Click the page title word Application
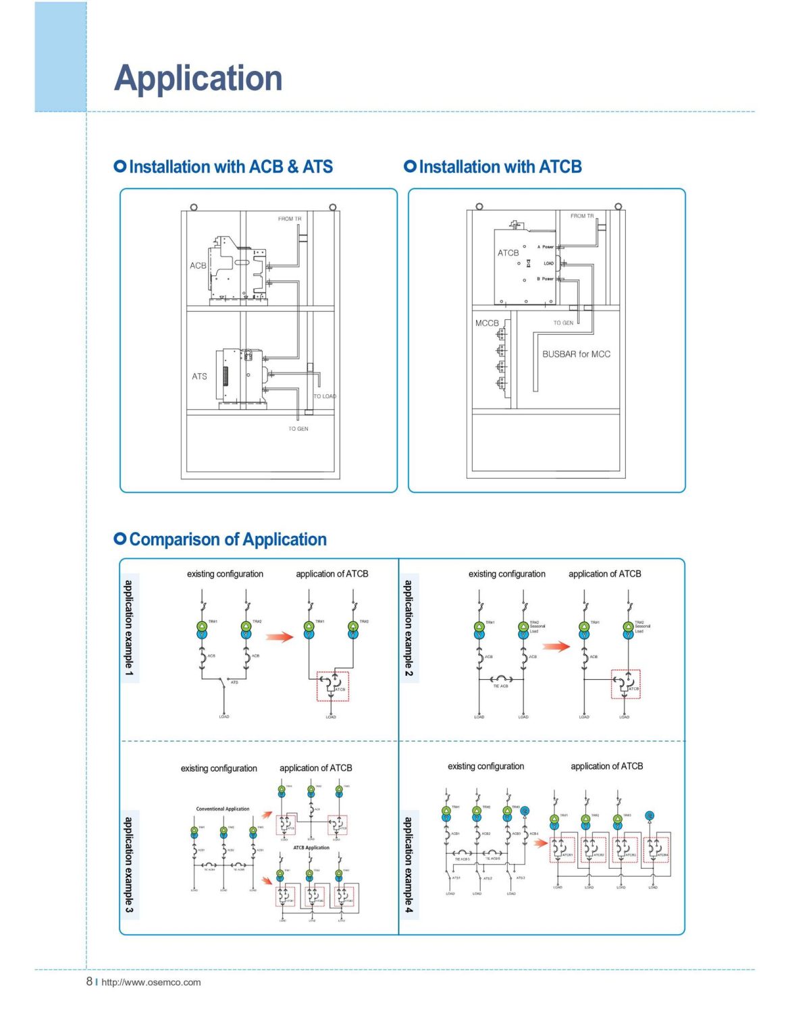click(x=198, y=78)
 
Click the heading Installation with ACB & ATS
click(x=230, y=167)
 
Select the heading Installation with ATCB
click(x=500, y=167)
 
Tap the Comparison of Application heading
click(x=228, y=539)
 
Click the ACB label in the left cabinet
click(x=198, y=266)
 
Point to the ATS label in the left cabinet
click(x=199, y=377)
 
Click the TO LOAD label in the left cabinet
click(x=325, y=396)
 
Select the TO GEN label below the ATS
click(x=298, y=429)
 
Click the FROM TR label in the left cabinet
click(x=290, y=219)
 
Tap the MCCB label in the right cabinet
click(x=487, y=323)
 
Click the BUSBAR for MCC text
click(x=576, y=354)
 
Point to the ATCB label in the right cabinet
click(x=508, y=253)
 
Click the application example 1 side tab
click(x=129, y=628)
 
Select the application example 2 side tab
click(x=409, y=628)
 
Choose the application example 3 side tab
click(x=129, y=865)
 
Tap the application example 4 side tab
click(x=409, y=865)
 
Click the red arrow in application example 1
click(x=279, y=637)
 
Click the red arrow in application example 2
click(x=556, y=647)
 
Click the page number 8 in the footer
click(x=89, y=981)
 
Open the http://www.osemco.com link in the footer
click(x=151, y=982)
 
